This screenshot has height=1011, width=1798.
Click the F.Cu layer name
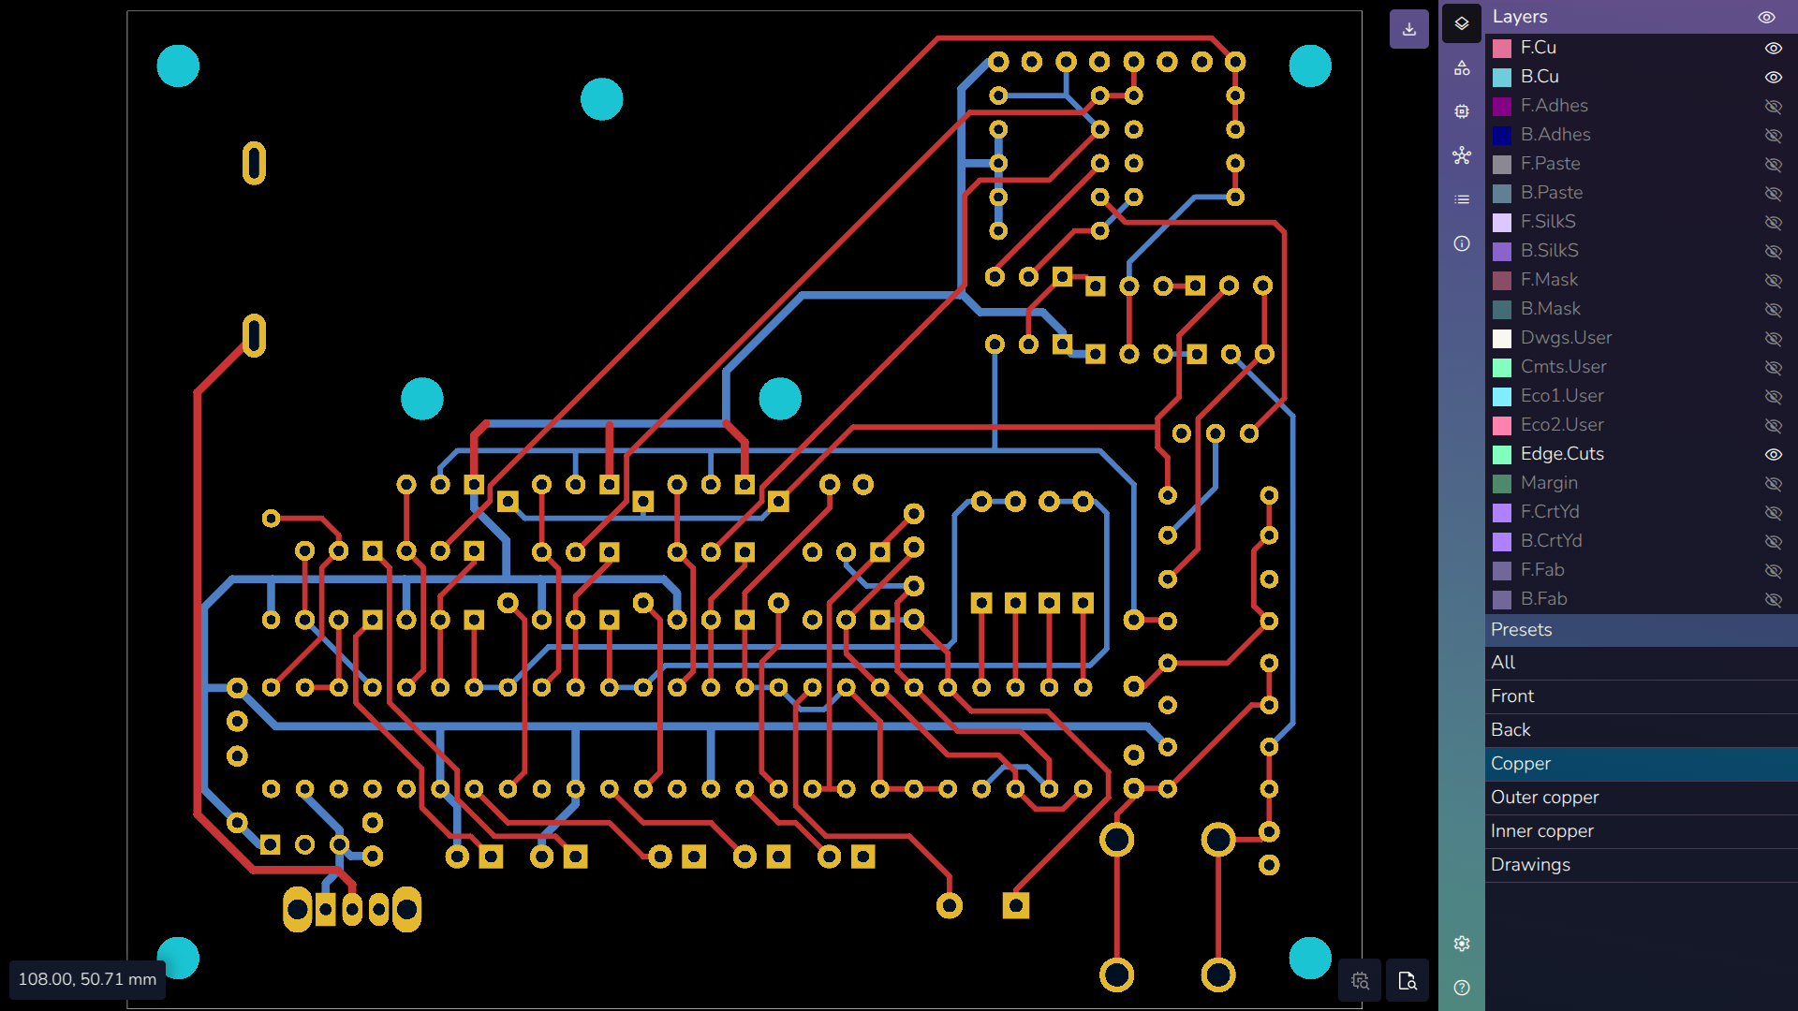pos(1538,48)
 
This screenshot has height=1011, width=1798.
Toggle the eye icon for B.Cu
pos(1773,78)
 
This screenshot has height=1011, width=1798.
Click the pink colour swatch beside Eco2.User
pos(1502,426)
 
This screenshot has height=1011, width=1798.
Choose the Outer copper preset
pos(1545,798)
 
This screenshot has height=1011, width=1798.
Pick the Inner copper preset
pos(1542,831)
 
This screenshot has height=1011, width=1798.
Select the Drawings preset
pos(1530,865)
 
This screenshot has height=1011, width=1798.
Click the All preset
pos(1503,663)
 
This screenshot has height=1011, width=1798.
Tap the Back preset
pos(1511,730)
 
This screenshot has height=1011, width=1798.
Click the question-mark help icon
pos(1462,988)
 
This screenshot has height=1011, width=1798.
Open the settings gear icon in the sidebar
pos(1462,944)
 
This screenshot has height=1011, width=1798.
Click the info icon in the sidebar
pos(1462,243)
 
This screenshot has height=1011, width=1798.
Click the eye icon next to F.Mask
pos(1773,281)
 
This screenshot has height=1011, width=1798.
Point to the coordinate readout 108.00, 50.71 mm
pos(87,979)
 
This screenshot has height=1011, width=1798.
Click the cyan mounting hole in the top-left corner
pos(178,66)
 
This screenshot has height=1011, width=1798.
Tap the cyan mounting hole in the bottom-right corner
pos(1310,958)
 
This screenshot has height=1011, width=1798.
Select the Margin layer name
pos(1549,483)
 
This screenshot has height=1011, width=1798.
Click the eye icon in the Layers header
pos(1766,17)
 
